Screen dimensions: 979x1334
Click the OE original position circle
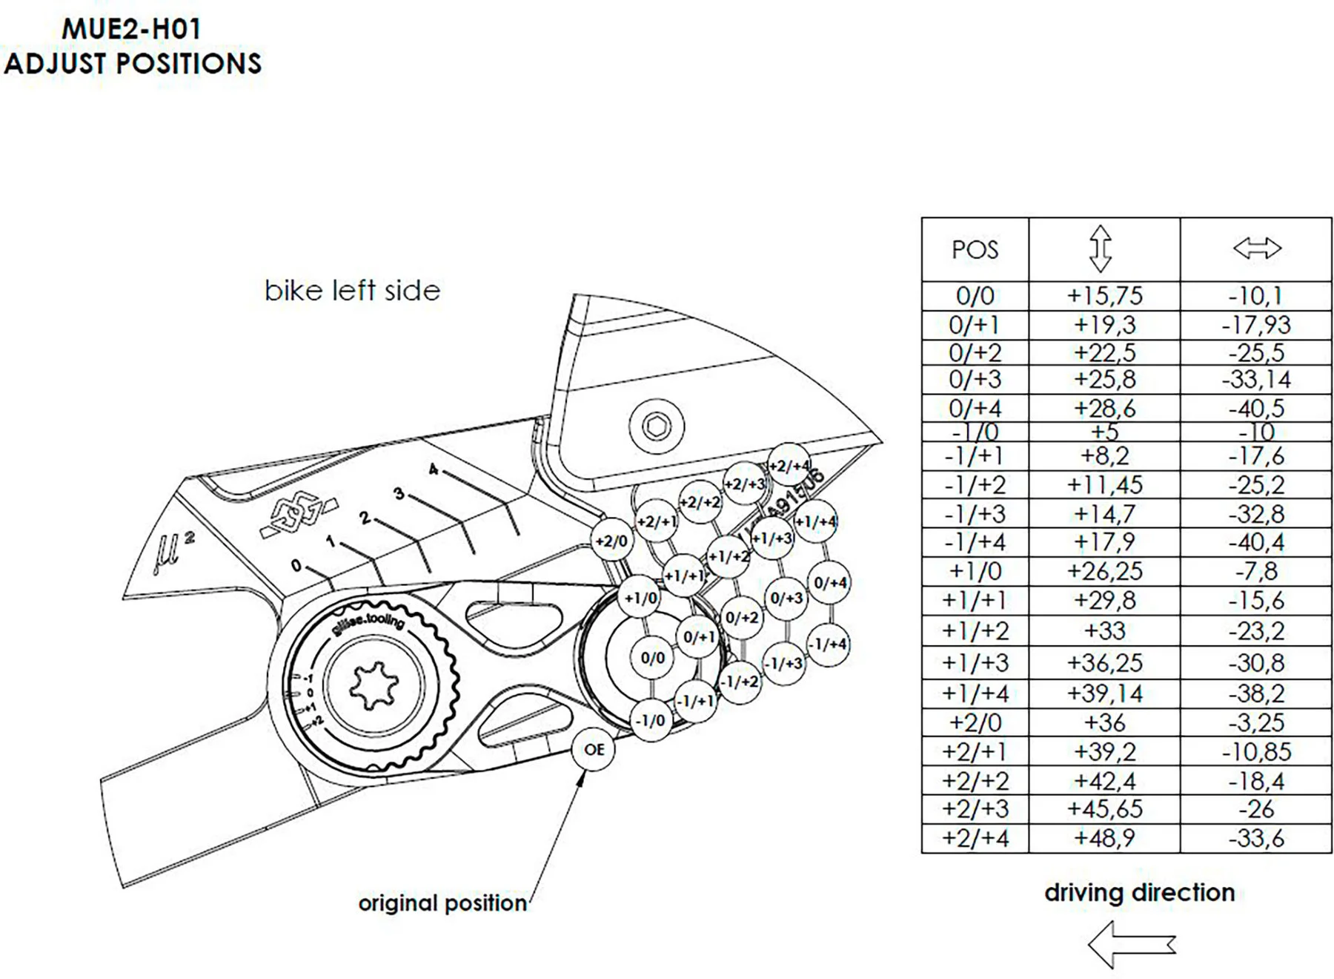[x=594, y=749]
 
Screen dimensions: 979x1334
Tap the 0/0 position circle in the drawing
[x=652, y=658]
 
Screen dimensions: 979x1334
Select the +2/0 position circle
[x=611, y=541]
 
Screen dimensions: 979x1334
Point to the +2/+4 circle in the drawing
[x=789, y=465]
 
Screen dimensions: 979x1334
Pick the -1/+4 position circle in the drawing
[x=827, y=644]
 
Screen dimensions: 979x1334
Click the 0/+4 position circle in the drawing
[x=829, y=583]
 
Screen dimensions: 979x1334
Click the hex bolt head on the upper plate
[x=656, y=426]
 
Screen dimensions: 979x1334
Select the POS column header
[x=975, y=250]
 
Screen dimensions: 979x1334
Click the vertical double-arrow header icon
[x=1101, y=248]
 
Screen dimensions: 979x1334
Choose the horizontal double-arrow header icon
[x=1257, y=248]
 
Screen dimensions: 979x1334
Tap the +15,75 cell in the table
[x=1104, y=296]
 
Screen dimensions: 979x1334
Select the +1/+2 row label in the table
[x=975, y=631]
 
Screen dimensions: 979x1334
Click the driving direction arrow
[x=1131, y=944]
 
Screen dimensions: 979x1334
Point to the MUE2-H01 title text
[x=131, y=30]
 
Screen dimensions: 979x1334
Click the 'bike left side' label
[x=352, y=291]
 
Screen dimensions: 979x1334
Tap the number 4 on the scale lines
[x=434, y=469]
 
